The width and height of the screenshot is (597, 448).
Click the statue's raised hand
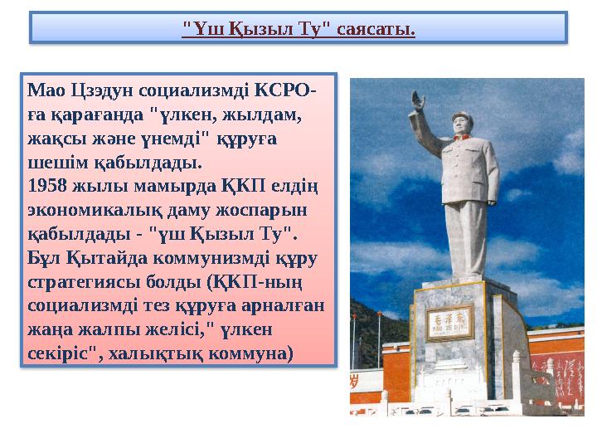(x=418, y=102)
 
